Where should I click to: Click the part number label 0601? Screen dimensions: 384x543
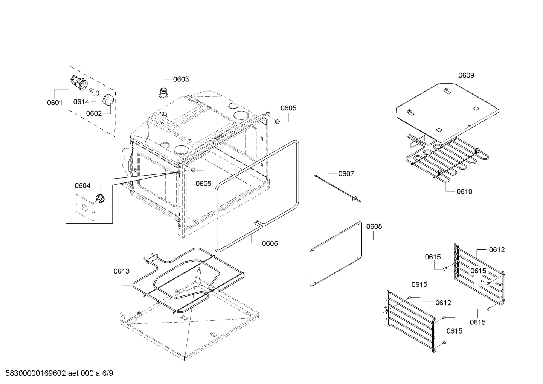coord(55,102)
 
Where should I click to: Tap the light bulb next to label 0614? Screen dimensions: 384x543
coord(93,92)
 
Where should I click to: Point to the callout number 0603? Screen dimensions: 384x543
coord(181,79)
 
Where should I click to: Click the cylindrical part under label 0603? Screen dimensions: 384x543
coord(163,92)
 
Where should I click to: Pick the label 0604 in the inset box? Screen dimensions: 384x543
coord(82,185)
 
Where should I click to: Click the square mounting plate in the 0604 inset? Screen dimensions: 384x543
coord(85,207)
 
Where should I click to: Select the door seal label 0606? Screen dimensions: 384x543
coord(270,243)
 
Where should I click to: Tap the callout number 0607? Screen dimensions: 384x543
coord(346,174)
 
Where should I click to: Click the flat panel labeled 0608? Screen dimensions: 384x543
coord(335,253)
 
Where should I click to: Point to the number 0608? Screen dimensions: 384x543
coord(374,226)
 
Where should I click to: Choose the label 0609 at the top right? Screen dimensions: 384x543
coord(466,75)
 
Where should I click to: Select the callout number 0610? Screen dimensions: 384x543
coord(464,191)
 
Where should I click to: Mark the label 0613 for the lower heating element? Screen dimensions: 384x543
coord(121,271)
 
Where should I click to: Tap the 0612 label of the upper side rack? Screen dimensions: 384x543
coord(497,249)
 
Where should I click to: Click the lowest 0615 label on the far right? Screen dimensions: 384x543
coord(477,322)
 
